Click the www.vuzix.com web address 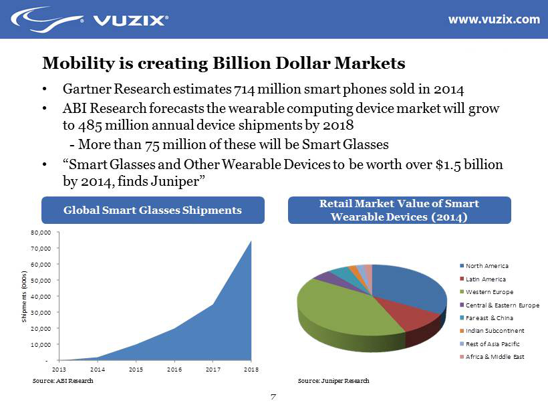point(493,19)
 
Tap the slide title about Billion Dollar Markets point(224,63)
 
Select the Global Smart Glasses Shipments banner point(152,210)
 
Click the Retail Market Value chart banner point(399,210)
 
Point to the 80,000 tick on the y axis point(41,233)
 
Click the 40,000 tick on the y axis point(41,296)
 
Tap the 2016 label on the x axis point(174,369)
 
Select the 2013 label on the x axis point(59,369)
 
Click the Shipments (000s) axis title point(24,296)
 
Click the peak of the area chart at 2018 point(251,242)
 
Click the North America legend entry point(487,266)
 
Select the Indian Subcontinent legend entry point(495,331)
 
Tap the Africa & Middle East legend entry point(495,357)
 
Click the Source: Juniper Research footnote point(333,381)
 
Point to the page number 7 point(273,398)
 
